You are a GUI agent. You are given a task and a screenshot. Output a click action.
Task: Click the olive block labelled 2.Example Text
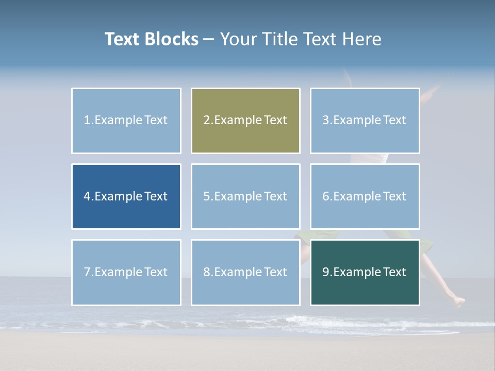(245, 121)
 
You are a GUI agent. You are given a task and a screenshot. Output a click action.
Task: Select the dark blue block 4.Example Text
(126, 196)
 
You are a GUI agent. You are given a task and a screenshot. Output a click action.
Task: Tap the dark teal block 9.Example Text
(365, 272)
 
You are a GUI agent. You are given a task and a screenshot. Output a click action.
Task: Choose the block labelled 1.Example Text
(126, 121)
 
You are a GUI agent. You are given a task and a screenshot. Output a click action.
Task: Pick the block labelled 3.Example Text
(365, 121)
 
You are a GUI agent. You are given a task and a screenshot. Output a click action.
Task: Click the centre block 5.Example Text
(245, 196)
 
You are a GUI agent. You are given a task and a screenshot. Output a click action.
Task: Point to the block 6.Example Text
(365, 196)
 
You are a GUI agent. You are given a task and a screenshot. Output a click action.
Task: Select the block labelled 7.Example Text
(126, 272)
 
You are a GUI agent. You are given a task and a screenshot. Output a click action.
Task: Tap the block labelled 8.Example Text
(245, 272)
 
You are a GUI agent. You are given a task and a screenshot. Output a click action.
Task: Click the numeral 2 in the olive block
(207, 121)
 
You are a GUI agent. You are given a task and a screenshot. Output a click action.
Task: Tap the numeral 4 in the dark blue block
(87, 196)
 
